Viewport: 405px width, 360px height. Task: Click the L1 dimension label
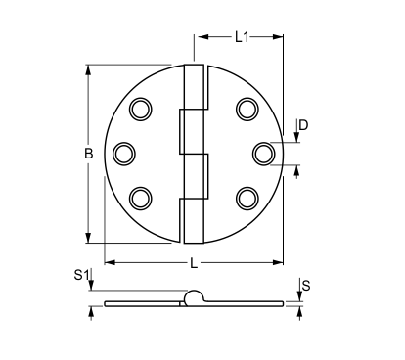click(242, 37)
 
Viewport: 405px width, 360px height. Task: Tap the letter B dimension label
click(89, 154)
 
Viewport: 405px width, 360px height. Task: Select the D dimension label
click(303, 125)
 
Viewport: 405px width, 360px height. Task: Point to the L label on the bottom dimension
click(194, 263)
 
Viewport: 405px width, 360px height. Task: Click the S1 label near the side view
click(81, 275)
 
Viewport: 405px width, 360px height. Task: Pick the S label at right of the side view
click(306, 286)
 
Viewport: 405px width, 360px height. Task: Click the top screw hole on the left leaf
click(141, 109)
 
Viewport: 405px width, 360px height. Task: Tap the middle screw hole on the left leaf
click(124, 154)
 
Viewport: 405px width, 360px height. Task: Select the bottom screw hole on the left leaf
click(141, 199)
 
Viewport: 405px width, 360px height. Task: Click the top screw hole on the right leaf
click(247, 109)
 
